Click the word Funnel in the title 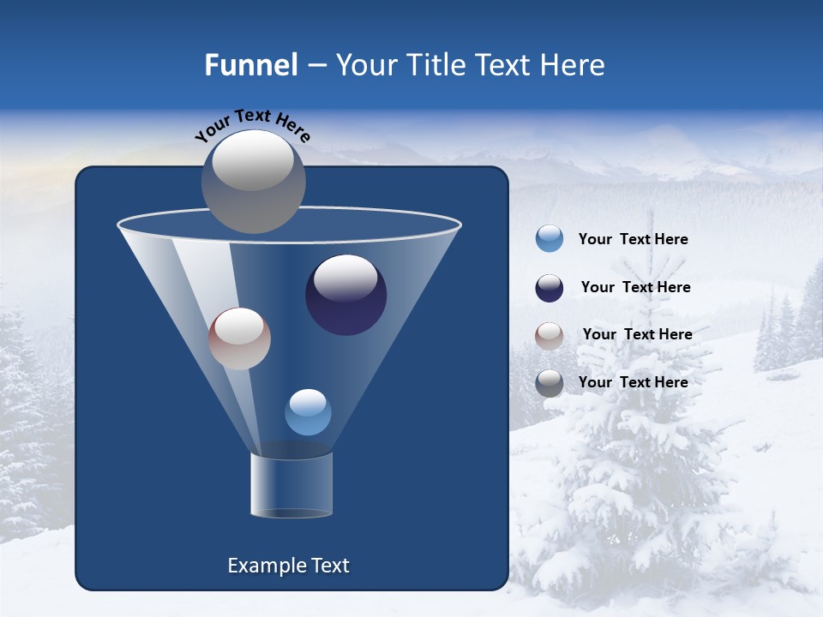click(250, 65)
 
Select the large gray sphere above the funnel click(254, 182)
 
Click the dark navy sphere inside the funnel click(346, 296)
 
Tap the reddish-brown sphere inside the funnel click(239, 339)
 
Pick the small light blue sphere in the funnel click(308, 412)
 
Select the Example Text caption click(288, 566)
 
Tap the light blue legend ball click(550, 239)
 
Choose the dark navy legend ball click(550, 288)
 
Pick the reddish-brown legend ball click(550, 335)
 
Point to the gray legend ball click(550, 383)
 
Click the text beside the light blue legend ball click(633, 240)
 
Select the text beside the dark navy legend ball click(635, 288)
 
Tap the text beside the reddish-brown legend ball click(637, 335)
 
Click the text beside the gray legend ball click(633, 382)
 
